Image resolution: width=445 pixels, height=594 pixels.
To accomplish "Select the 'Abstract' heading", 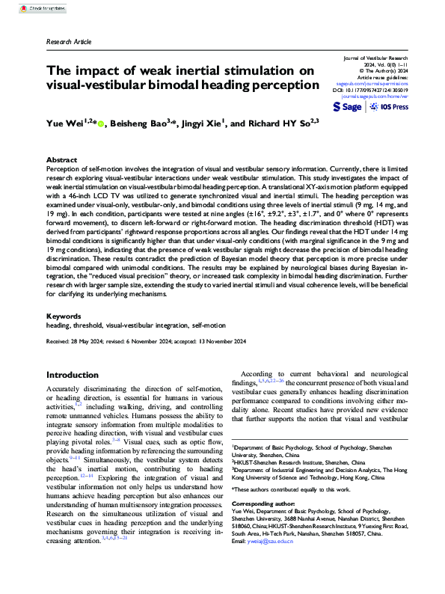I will point(61,160).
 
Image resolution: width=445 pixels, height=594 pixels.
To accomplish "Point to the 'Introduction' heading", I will point(77,375).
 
